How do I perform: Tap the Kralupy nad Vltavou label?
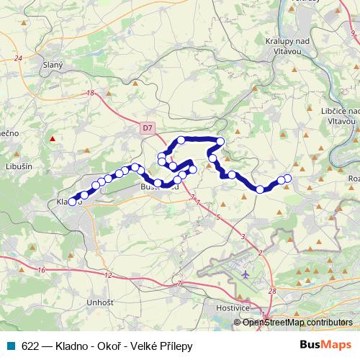pos(286,47)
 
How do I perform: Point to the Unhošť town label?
pos(99,303)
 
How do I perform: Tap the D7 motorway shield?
pos(148,127)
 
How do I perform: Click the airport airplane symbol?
pos(247,274)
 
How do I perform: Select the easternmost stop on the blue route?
pos(288,178)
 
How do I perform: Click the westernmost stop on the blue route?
pos(72,202)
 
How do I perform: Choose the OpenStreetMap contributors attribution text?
pos(297,323)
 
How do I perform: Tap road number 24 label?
pos(18,58)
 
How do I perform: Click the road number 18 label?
pos(90,93)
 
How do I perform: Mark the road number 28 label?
pos(271,291)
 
